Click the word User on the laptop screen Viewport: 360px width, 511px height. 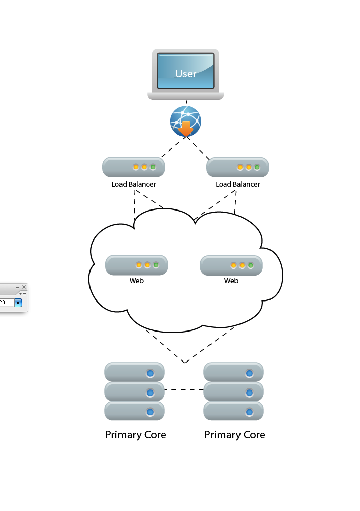pyautogui.click(x=186, y=74)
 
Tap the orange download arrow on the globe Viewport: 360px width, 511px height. pyautogui.click(x=186, y=128)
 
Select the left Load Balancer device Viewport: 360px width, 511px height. pyautogui.click(x=133, y=167)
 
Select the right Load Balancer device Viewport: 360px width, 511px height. pyautogui.click(x=237, y=167)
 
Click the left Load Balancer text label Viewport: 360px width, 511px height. pyautogui.click(x=134, y=184)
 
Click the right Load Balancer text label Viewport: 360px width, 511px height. pyautogui.click(x=238, y=184)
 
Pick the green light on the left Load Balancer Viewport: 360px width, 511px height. pyautogui.click(x=153, y=167)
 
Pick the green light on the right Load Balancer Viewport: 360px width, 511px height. pyautogui.click(x=257, y=167)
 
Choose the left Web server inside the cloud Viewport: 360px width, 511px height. pyautogui.click(x=136, y=265)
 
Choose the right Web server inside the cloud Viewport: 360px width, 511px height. pyautogui.click(x=231, y=265)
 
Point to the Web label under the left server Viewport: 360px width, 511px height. pyautogui.click(x=137, y=281)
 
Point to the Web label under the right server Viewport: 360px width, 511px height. pyautogui.click(x=231, y=281)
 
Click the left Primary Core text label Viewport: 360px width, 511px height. pyautogui.click(x=135, y=435)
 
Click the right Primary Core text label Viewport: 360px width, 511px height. pyautogui.click(x=234, y=435)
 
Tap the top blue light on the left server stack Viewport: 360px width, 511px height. pyautogui.click(x=150, y=373)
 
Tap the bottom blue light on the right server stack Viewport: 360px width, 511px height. pyautogui.click(x=249, y=412)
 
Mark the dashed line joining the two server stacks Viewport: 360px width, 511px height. pyautogui.click(x=184, y=390)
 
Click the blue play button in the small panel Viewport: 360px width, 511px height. pyautogui.click(x=18, y=303)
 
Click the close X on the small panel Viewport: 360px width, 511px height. pyautogui.click(x=24, y=287)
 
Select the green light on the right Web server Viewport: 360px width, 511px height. pyautogui.click(x=251, y=265)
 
